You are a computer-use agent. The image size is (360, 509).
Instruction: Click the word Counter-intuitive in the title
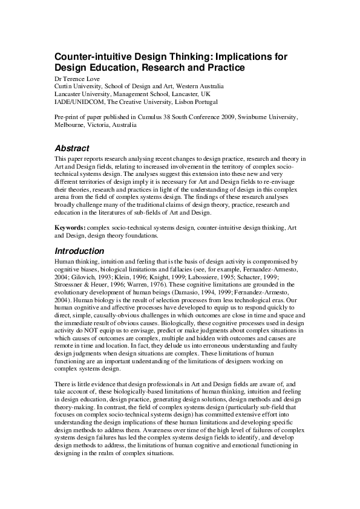coord(88,56)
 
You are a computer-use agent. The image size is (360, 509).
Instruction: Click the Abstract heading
coord(72,148)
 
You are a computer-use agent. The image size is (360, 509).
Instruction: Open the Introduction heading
coord(80,250)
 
